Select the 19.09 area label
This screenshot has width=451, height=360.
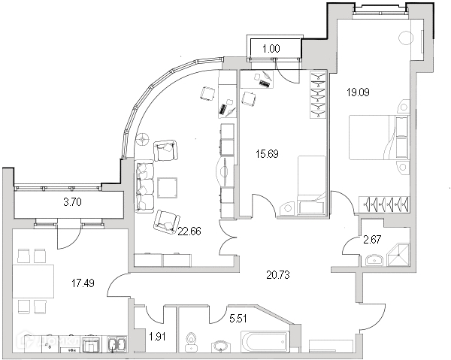tap(358, 93)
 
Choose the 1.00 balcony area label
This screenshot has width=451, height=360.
tap(271, 49)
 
